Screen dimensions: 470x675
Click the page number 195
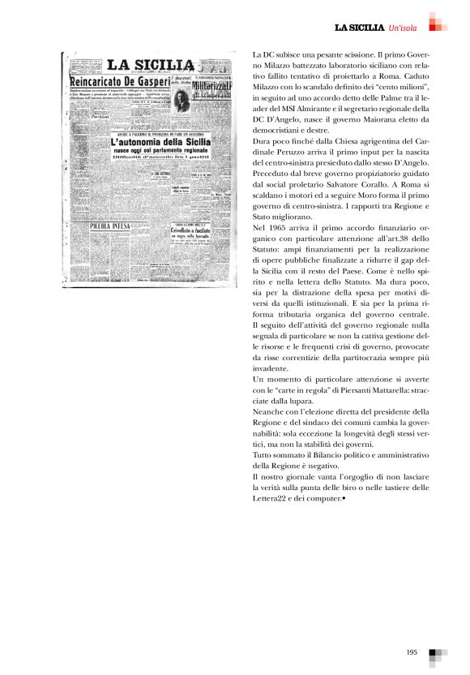(x=412, y=651)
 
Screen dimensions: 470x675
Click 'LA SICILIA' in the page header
(x=360, y=28)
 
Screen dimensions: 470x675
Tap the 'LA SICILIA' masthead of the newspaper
(x=151, y=65)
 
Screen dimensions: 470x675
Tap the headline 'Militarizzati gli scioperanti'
(x=214, y=90)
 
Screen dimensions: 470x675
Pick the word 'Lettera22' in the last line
(x=271, y=498)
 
